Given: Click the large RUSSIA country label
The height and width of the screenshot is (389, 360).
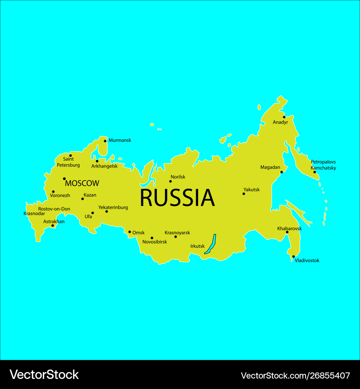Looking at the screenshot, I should coord(177,198).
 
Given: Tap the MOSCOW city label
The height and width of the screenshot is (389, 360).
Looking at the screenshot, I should coord(82,183).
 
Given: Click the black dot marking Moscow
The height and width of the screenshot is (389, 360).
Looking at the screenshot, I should coord(64,179).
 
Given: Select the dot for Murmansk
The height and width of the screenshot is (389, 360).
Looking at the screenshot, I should coord(105,141).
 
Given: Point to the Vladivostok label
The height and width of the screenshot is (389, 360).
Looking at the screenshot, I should coord(307,260).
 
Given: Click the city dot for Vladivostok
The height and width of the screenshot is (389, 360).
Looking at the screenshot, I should coord(293,256).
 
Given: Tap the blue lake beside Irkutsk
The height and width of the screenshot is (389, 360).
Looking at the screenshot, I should coord(210,245).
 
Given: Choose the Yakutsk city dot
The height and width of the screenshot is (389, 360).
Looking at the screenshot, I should coord(244,194).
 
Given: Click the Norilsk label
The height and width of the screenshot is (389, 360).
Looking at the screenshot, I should coord(178,177).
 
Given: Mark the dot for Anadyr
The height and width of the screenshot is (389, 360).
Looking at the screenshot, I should coord(284,117).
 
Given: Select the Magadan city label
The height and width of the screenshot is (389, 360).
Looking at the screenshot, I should coord(270,167).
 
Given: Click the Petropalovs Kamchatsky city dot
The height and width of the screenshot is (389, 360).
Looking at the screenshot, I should coord(315,172).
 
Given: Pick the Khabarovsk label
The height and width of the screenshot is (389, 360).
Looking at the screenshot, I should coord(289,228).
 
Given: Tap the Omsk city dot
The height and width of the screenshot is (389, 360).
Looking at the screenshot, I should coord(130,232).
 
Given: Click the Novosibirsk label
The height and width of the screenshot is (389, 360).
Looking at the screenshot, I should coord(155,242).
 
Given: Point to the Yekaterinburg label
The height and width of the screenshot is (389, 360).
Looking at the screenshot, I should coord(113,207).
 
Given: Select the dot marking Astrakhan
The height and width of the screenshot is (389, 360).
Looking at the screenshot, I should coord(53,226).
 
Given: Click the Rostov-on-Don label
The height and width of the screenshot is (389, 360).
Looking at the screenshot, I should coord(54,209).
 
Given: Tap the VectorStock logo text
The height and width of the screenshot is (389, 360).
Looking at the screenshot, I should coord(44,375).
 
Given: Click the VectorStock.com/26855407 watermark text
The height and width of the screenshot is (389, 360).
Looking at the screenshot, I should coord(295,376).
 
